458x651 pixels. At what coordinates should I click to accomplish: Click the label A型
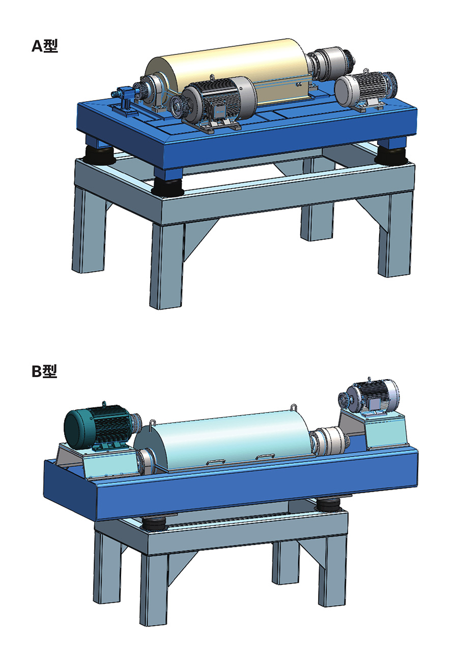[45, 46]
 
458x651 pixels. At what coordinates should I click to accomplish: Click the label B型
[44, 372]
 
